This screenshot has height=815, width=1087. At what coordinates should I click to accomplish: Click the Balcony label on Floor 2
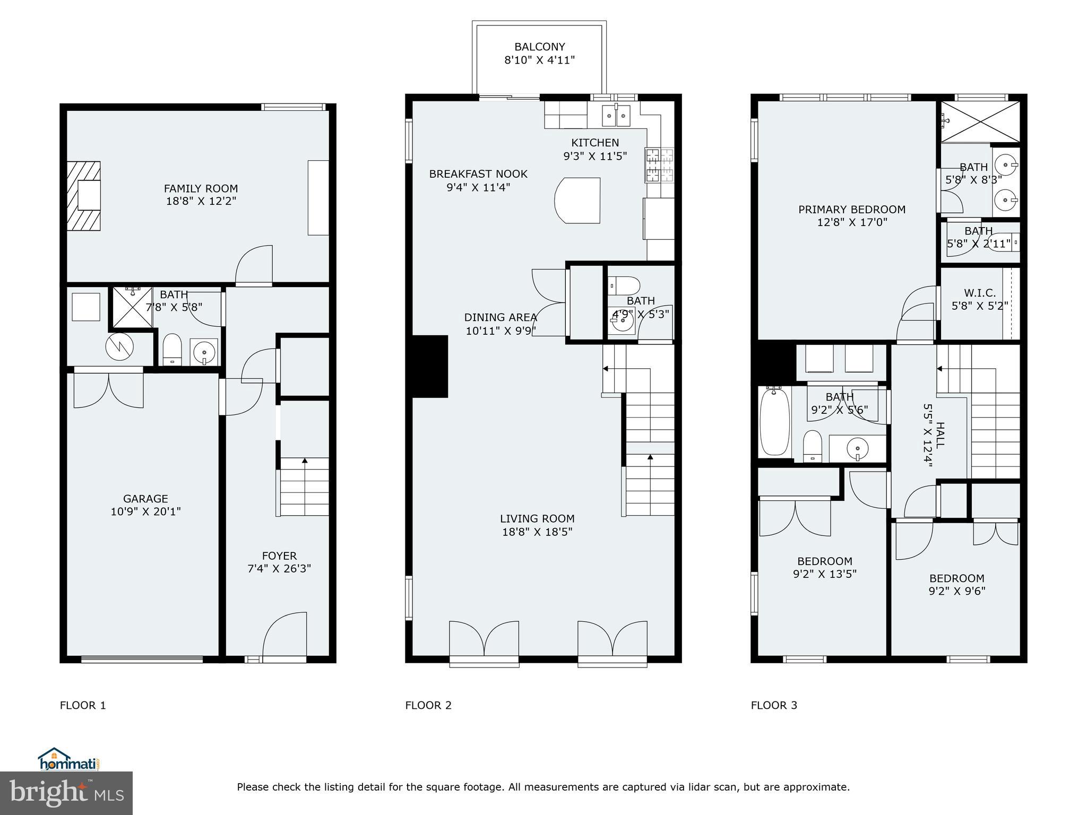point(539,47)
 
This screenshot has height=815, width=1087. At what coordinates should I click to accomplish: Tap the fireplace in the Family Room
point(84,196)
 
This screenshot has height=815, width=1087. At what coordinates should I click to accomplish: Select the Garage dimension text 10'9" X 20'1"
point(145,511)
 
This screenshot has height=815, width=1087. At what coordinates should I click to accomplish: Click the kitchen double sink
point(616,116)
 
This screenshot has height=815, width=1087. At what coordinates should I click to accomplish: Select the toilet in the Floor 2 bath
point(625,284)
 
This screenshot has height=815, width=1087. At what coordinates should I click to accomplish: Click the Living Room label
point(537,518)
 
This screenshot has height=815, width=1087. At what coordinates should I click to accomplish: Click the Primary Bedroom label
point(851,210)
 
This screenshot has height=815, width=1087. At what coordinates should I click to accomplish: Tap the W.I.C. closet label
point(979,293)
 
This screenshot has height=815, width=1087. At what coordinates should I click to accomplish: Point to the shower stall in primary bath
point(980,122)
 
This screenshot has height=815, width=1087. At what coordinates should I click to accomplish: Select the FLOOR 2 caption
point(428,705)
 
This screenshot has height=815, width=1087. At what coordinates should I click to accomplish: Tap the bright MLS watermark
point(66,793)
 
